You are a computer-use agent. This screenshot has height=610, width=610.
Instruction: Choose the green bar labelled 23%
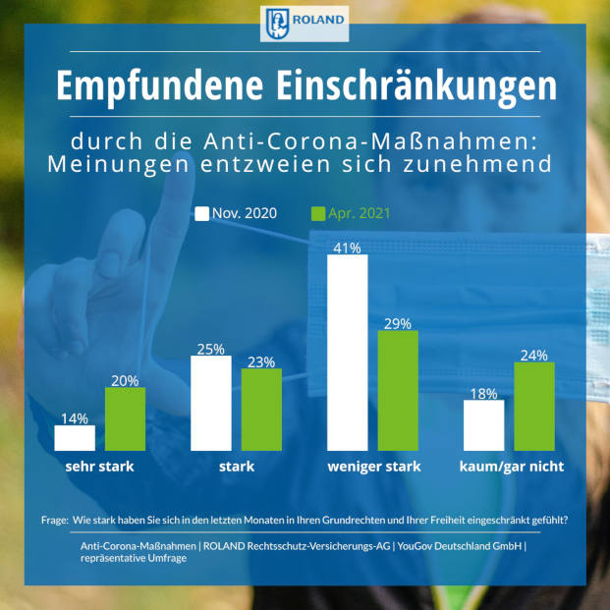click(x=261, y=410)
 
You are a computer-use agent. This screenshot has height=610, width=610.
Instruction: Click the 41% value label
click(x=347, y=247)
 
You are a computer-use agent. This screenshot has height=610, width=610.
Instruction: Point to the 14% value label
click(x=75, y=417)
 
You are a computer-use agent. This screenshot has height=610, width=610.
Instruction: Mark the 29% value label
click(x=398, y=322)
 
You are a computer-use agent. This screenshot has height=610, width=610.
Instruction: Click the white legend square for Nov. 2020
click(x=203, y=213)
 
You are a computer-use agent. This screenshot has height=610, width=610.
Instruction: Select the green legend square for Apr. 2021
click(x=317, y=213)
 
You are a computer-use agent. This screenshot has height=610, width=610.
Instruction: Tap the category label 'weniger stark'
click(x=373, y=467)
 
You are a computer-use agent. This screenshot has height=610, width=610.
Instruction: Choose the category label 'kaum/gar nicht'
click(x=511, y=467)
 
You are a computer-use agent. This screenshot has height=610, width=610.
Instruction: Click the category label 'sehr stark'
click(x=99, y=467)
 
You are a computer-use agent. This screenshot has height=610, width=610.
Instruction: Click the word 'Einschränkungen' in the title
click(x=407, y=86)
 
